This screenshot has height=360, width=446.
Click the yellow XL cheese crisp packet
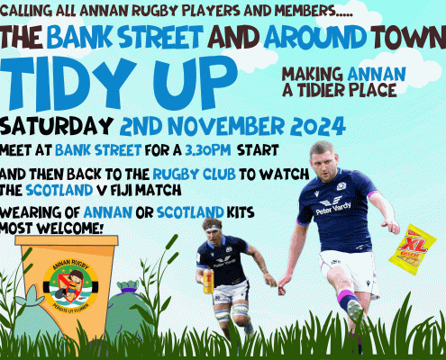click(412, 249)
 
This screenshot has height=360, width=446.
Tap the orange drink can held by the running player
click(208, 282)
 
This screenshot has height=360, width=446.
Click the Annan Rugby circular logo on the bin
click(70, 285)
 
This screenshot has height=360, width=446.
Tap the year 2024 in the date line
click(318, 126)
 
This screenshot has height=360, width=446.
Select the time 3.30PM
click(208, 150)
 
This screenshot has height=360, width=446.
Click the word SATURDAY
click(56, 126)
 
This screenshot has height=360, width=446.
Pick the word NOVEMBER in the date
click(225, 126)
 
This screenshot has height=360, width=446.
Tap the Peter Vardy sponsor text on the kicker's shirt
click(333, 208)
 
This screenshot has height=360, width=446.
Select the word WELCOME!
click(70, 229)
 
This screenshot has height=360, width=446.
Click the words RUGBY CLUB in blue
click(194, 174)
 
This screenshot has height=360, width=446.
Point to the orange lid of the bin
click(67, 240)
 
